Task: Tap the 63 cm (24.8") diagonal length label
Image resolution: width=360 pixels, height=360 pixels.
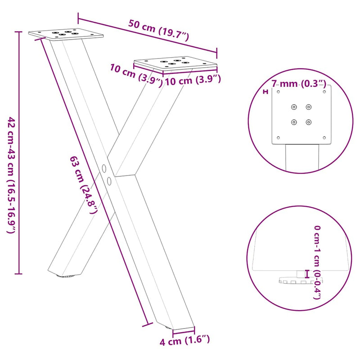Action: [x=84, y=184]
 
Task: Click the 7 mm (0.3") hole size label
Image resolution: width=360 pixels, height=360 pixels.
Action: [x=298, y=83]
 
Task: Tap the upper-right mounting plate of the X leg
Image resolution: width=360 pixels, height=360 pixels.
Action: [x=175, y=64]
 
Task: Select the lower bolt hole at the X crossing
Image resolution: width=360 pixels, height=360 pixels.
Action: [x=109, y=180]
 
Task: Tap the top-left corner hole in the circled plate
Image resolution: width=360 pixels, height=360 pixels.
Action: [x=279, y=92]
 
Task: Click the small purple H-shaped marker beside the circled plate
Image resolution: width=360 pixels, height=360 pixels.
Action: [x=265, y=92]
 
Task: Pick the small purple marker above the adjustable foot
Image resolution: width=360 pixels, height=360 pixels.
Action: [x=307, y=273]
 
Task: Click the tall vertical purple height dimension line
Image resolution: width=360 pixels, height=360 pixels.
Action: [x=18, y=153]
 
